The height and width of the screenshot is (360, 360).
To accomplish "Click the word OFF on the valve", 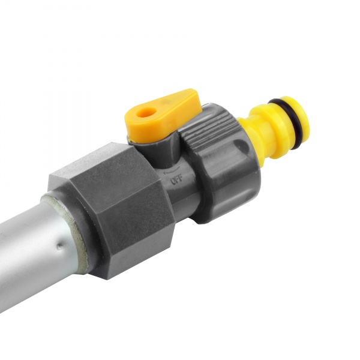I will [x=176, y=178].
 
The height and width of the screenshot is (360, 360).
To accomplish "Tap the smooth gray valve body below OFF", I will [x=180, y=198].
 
